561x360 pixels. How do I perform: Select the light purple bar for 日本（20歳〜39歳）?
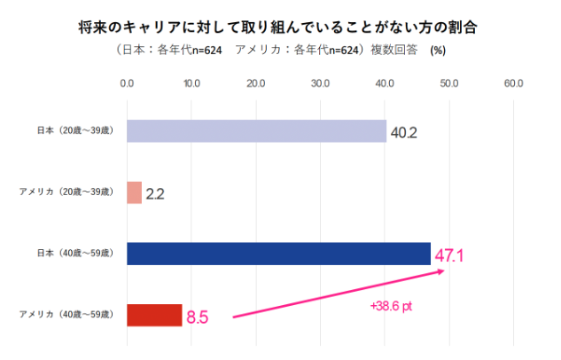tap(256, 131)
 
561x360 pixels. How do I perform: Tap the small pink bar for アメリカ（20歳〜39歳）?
tap(134, 192)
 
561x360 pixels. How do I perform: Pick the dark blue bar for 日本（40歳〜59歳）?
tap(278, 254)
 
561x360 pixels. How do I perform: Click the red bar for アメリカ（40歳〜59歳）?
tap(154, 315)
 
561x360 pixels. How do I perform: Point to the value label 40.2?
tap(403, 133)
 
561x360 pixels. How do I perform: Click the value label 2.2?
tap(155, 193)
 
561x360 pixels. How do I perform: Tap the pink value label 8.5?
tap(198, 317)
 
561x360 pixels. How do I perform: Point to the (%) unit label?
tap(438, 51)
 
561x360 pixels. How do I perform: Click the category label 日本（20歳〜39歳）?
tap(74, 131)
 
